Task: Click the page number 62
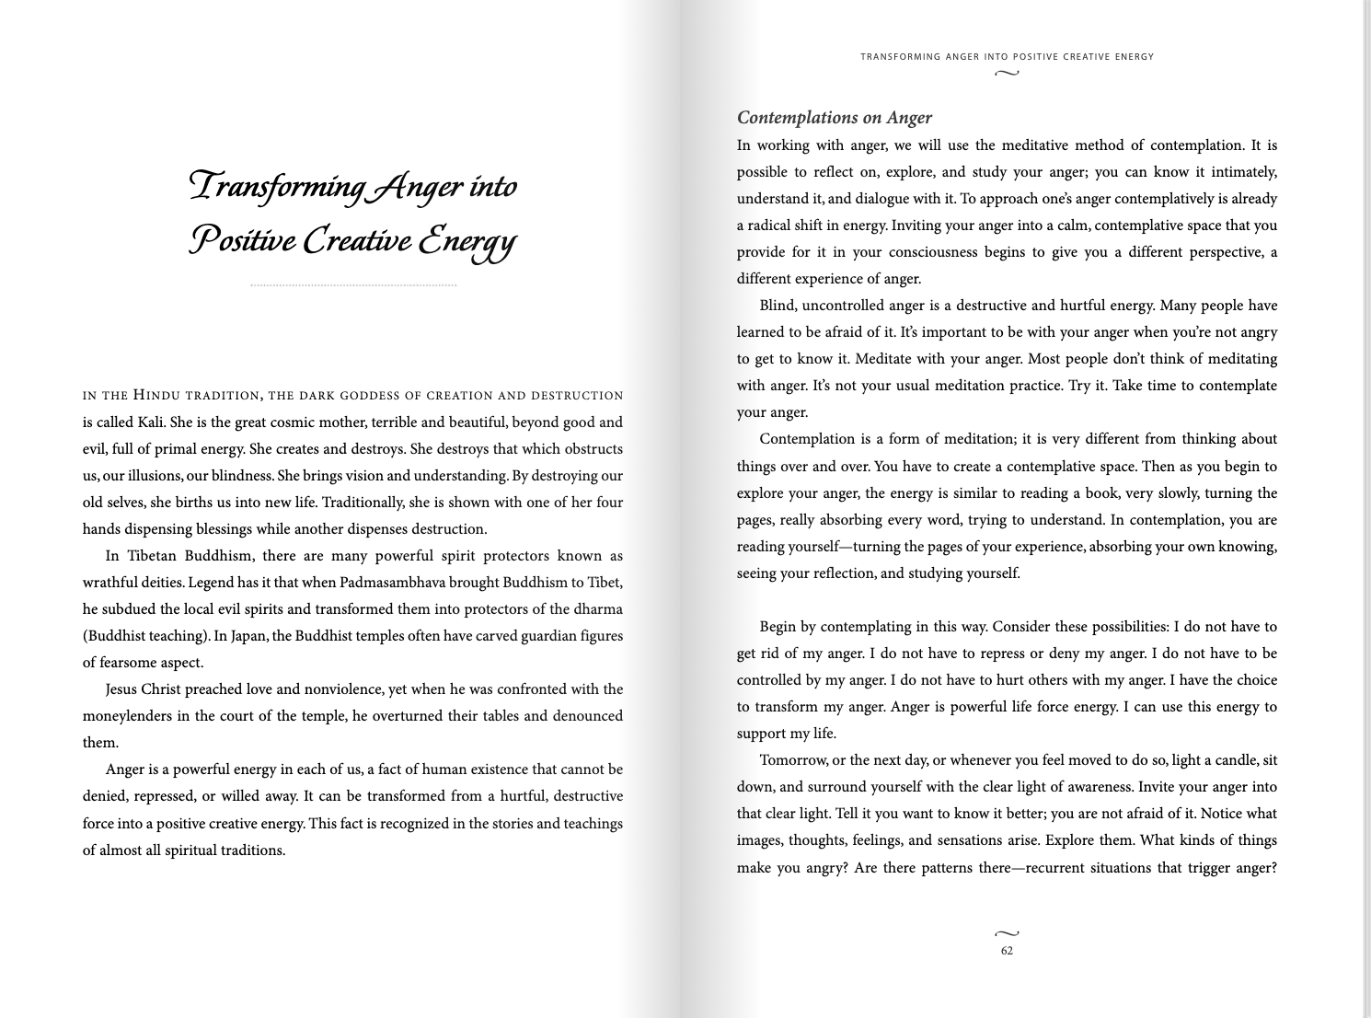(x=1007, y=951)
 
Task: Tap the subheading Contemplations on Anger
(x=834, y=118)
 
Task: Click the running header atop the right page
(x=1007, y=57)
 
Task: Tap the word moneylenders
(x=125, y=716)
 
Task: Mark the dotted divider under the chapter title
(x=353, y=286)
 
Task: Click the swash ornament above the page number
(x=1007, y=934)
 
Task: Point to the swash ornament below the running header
(x=1007, y=73)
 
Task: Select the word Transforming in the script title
(x=276, y=187)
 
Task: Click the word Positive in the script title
(x=242, y=240)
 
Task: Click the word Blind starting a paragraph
(x=778, y=306)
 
